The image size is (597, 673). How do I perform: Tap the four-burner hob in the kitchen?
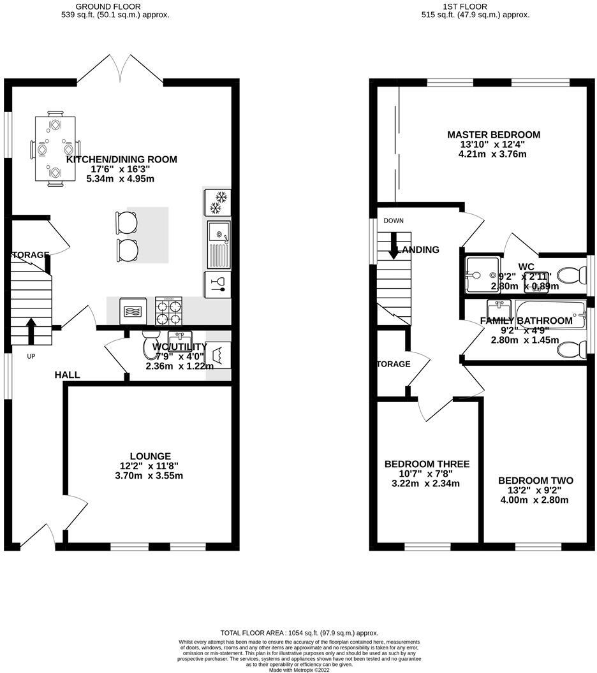169,311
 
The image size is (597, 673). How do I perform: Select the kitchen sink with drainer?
219,244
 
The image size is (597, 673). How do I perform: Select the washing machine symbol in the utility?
218,354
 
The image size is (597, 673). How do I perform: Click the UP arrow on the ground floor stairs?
30,330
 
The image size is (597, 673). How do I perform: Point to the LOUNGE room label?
150,456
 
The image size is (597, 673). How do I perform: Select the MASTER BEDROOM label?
493,134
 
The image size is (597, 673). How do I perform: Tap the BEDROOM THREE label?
427,464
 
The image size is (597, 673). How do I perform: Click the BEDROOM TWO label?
535,481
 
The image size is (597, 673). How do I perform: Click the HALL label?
67,375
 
